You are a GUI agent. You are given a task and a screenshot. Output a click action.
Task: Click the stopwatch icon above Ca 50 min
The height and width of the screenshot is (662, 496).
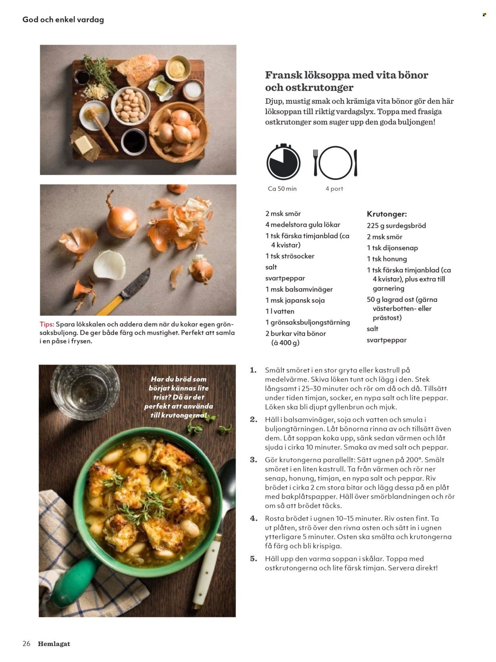click(283, 162)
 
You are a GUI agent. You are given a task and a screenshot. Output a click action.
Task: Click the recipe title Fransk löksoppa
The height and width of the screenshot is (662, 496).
click(346, 81)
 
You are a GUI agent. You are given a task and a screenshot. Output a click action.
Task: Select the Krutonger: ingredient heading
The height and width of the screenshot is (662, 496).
click(386, 214)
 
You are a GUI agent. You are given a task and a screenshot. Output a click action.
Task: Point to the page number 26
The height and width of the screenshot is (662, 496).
click(26, 644)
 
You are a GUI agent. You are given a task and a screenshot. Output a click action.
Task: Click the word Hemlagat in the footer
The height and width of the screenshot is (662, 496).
click(54, 644)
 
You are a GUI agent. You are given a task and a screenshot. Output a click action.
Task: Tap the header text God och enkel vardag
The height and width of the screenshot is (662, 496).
click(63, 19)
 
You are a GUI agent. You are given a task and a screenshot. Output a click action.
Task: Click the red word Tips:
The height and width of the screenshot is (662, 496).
click(47, 324)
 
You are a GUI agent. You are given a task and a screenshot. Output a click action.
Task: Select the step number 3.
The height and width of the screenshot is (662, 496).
click(253, 460)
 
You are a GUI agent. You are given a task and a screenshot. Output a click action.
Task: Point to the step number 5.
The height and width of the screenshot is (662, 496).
click(253, 559)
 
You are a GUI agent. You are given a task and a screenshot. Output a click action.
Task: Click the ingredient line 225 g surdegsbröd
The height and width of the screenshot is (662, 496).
click(396, 226)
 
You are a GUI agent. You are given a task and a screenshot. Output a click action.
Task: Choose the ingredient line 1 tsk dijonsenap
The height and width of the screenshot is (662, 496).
click(392, 248)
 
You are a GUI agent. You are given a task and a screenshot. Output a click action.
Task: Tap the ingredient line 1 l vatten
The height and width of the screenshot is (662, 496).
click(280, 311)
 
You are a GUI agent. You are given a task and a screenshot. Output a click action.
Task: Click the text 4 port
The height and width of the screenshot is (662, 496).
click(334, 189)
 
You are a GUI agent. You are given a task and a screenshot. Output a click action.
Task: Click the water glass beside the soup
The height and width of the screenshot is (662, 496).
click(85, 391)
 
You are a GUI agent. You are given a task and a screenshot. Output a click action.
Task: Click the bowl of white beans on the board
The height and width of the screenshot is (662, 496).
click(131, 105)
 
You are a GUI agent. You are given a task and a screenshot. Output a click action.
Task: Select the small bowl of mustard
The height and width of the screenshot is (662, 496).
click(177, 69)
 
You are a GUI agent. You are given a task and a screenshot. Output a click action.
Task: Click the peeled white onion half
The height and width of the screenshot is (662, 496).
click(109, 264)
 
